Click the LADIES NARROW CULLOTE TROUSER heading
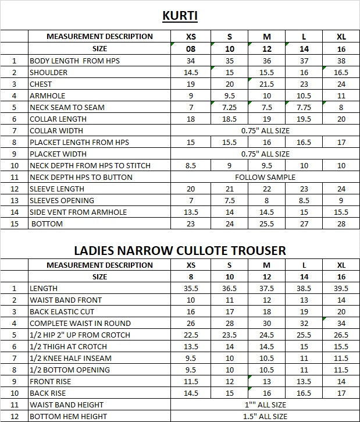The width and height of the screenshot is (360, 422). [180, 250]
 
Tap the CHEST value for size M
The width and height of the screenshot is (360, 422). [267, 84]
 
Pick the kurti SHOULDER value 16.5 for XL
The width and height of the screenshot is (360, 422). [341, 72]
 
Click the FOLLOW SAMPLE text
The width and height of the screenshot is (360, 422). [265, 177]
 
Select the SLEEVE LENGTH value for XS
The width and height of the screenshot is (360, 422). [191, 189]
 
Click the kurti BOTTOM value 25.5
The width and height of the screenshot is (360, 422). [267, 224]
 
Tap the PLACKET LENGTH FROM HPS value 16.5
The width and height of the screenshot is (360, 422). [304, 142]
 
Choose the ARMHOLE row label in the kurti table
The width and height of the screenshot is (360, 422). [48, 95]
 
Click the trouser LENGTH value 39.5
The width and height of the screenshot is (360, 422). [341, 288]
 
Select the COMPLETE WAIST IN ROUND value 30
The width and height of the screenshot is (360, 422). [267, 323]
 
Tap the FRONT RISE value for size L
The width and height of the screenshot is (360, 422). [304, 381]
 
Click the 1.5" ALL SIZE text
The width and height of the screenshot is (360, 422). [265, 416]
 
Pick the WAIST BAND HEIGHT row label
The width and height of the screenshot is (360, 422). [67, 405]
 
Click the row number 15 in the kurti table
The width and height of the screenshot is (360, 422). [15, 224]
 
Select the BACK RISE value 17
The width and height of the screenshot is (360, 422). [341, 393]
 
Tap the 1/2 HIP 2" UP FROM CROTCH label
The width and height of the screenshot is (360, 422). [80, 335]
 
